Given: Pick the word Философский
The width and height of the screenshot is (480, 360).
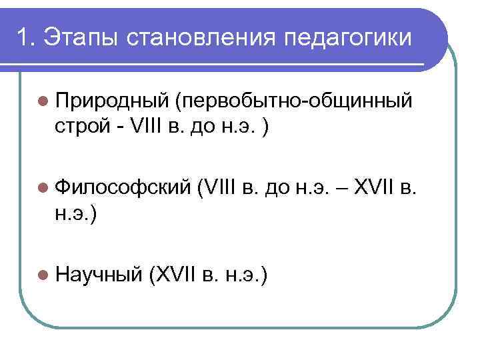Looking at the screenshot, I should click(x=123, y=190).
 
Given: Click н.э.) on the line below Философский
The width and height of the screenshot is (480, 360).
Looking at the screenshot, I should click(x=78, y=214).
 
